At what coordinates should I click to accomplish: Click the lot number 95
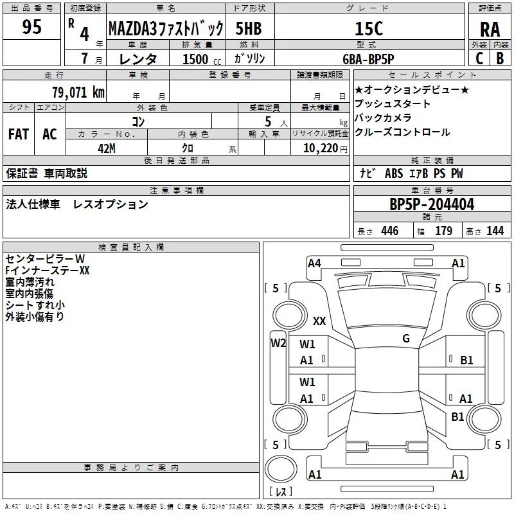coord(31,27)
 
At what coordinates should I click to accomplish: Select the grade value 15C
coord(369,28)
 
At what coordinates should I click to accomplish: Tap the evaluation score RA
coord(490,30)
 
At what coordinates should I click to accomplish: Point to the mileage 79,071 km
coord(78,92)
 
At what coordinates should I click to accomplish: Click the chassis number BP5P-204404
coord(432,204)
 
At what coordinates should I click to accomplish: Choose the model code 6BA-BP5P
coord(368,59)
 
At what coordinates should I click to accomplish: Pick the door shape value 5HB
coord(249,28)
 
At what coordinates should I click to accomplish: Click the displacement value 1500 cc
coord(202,59)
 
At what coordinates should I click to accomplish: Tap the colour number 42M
coord(107,148)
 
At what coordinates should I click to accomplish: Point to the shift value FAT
coord(19,134)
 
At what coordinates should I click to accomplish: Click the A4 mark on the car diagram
coord(314,263)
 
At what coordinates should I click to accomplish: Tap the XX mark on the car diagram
coord(319,321)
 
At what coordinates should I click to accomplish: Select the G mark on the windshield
coord(406,338)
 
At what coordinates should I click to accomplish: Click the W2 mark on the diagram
coord(278,343)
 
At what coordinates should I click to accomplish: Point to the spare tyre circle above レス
coord(281,468)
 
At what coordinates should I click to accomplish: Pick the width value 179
coord(443,231)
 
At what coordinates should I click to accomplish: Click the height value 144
coord(495,231)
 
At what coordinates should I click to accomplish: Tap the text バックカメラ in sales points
coord(383,118)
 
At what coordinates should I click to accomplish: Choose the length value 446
coord(390,231)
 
